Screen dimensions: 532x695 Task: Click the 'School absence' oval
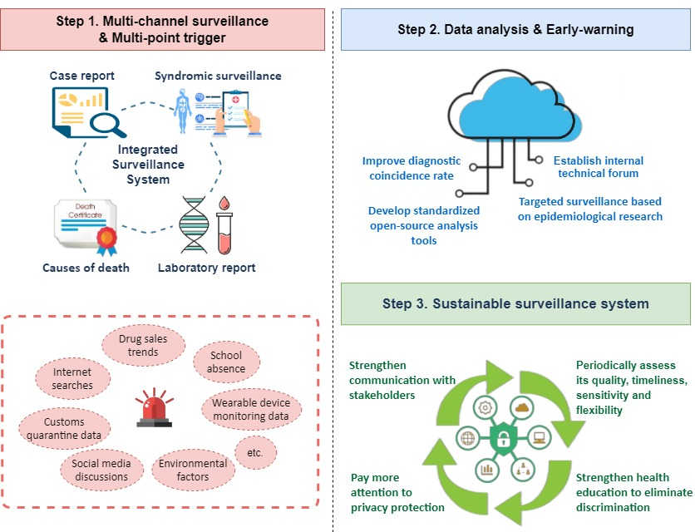226,362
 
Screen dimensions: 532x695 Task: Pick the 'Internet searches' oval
72,378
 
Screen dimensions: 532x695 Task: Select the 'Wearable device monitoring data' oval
250,409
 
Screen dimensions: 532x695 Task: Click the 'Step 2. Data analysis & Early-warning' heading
515,30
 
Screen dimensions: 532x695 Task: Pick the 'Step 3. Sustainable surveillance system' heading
515,303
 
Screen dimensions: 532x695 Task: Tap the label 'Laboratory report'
207,268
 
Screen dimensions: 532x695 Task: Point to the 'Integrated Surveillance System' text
149,164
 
